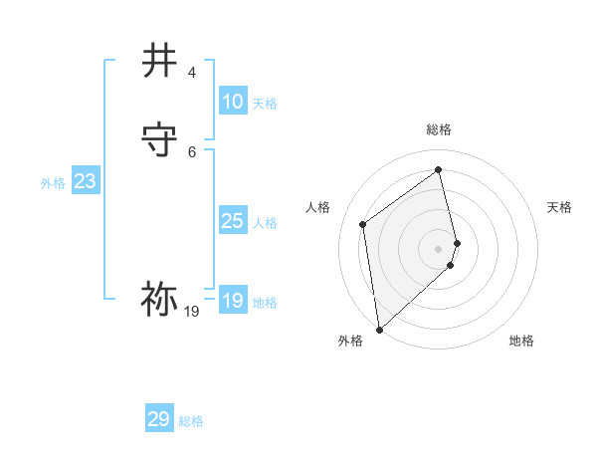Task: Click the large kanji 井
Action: [x=160, y=61]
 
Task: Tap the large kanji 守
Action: [x=160, y=139]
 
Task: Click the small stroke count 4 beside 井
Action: [x=192, y=73]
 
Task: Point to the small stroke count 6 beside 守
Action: [x=192, y=151]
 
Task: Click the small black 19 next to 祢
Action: [x=192, y=312]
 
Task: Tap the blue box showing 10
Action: [x=232, y=102]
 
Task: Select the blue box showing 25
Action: [x=232, y=221]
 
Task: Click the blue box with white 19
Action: [x=232, y=301]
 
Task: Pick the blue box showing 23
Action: [x=85, y=181]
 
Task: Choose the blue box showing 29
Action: [x=158, y=419]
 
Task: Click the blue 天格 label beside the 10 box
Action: [x=265, y=104]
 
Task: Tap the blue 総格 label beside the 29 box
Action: [x=191, y=421]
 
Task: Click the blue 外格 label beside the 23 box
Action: [x=53, y=183]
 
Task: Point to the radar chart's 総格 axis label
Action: [x=439, y=129]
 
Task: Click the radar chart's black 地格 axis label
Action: [x=521, y=341]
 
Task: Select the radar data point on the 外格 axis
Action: [x=379, y=329]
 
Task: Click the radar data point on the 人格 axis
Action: [x=363, y=224]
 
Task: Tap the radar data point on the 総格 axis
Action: [x=439, y=169]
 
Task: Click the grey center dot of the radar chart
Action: [x=439, y=248]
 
